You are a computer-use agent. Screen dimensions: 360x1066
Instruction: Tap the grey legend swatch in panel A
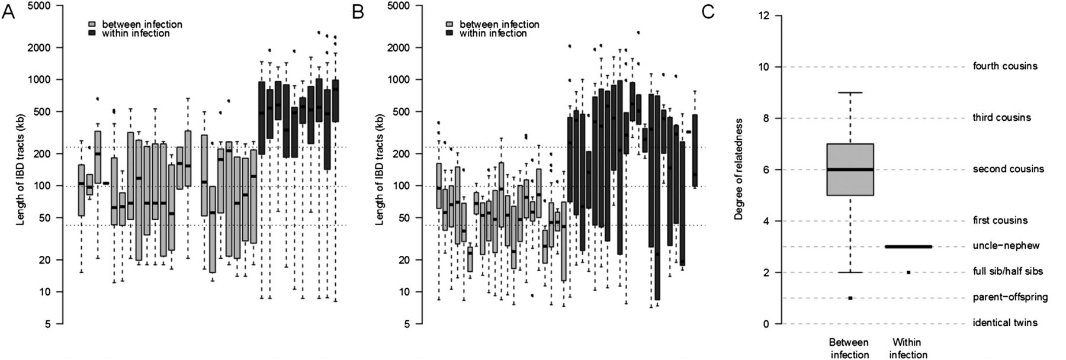click(x=92, y=25)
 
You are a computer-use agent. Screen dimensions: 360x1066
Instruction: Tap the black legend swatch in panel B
click(x=449, y=34)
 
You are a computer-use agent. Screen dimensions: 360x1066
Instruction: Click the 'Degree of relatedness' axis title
click(x=739, y=169)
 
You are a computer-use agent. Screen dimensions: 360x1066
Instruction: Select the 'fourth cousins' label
click(x=1005, y=66)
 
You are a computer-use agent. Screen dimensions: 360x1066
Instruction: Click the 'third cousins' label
click(x=1001, y=118)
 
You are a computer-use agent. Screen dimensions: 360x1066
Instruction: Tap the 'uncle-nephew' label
click(x=1006, y=246)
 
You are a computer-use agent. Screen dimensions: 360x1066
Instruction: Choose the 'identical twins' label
click(x=1005, y=323)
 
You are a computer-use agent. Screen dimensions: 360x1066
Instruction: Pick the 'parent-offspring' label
click(x=1010, y=297)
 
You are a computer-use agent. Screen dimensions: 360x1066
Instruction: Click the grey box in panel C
click(x=850, y=169)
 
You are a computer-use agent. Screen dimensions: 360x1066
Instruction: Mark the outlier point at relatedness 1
click(x=850, y=298)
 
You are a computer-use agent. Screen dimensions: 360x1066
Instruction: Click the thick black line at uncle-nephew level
click(x=908, y=246)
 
